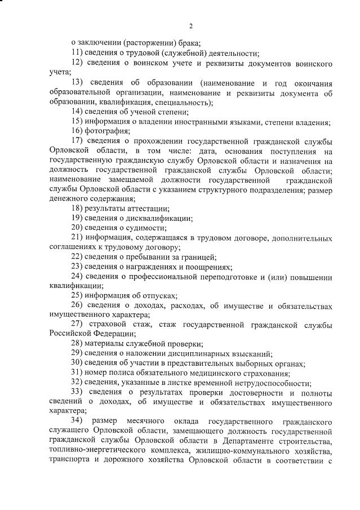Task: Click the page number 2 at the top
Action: click(191, 26)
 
